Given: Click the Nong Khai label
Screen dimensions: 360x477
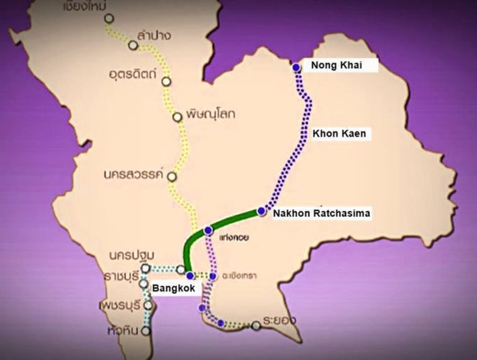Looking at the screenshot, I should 335,66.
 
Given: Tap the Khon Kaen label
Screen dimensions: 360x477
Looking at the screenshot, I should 339,133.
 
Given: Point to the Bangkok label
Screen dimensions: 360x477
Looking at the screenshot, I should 171,289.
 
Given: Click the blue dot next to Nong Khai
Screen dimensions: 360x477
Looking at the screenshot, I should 296,66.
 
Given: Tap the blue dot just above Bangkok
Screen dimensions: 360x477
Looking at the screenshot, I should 190,275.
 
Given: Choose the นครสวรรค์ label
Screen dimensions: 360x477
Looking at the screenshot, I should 133,174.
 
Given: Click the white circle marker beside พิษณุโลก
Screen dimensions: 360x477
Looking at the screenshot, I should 178,117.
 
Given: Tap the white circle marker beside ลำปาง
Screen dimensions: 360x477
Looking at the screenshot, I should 132,45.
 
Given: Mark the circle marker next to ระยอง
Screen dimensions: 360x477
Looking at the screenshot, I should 256,325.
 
